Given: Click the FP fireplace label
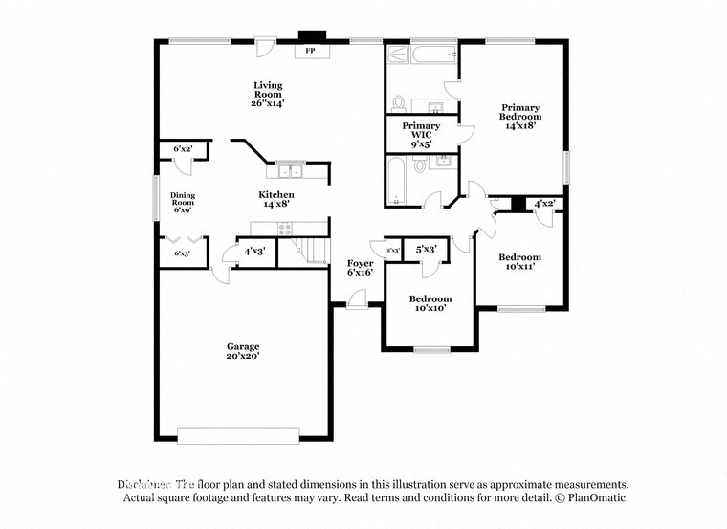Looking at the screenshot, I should point(310,50).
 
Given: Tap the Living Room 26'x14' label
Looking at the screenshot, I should point(268,93).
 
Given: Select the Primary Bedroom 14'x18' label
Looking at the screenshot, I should point(519,116).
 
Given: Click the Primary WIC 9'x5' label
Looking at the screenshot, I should point(421,134).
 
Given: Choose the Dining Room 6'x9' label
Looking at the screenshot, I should point(183,203).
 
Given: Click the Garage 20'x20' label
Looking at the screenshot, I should point(243,351).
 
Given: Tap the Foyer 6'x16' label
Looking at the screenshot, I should point(360,267).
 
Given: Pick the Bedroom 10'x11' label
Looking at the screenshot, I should point(519,261).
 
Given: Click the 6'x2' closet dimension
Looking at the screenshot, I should point(182,150).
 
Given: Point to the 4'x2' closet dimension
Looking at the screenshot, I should point(544,204).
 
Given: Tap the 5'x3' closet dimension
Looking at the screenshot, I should point(426,249).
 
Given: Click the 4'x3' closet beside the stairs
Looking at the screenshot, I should point(253,252).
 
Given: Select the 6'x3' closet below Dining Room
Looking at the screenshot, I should point(182,253).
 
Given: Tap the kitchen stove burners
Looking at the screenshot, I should point(285,228).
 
